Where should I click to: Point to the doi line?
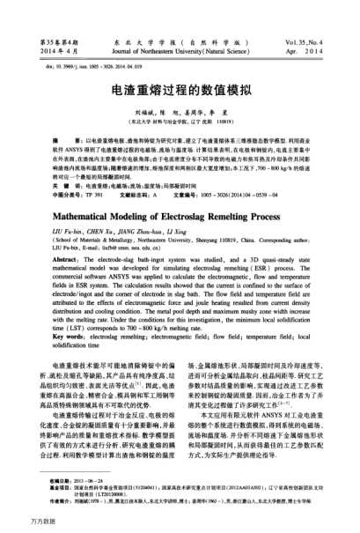point(75,65)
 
